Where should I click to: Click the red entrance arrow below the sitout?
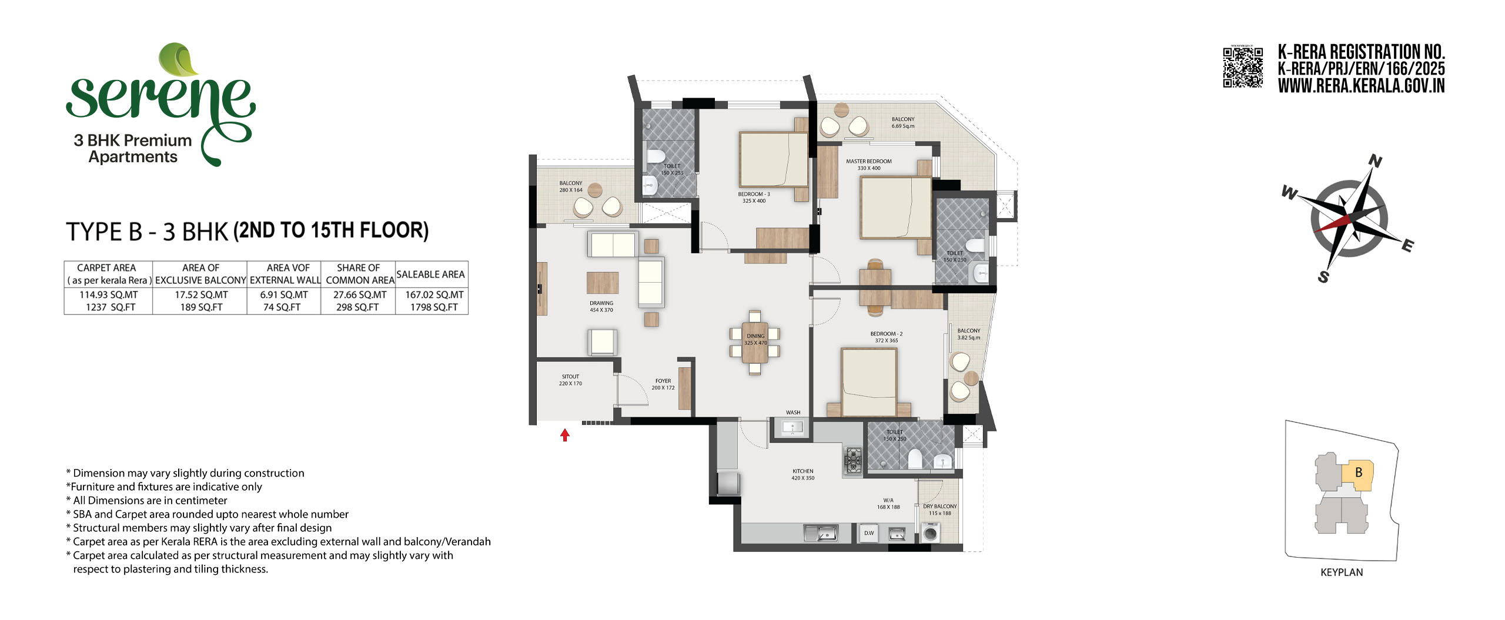(565, 435)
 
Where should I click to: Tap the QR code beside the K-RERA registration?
(1243, 68)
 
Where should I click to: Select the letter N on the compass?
(1375, 161)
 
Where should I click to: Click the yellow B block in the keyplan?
(1357, 475)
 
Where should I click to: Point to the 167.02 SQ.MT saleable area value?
(434, 295)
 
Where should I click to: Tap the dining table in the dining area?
(755, 342)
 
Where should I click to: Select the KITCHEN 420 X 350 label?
(803, 474)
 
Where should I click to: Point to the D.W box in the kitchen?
(869, 533)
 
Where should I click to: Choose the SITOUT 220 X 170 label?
(570, 380)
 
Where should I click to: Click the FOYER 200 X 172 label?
(663, 384)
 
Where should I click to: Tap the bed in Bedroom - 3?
(774, 159)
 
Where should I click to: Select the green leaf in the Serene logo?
(179, 59)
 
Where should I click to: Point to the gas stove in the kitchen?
(853, 460)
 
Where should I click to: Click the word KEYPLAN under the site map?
(1342, 572)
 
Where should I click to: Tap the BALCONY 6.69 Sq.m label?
(903, 122)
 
